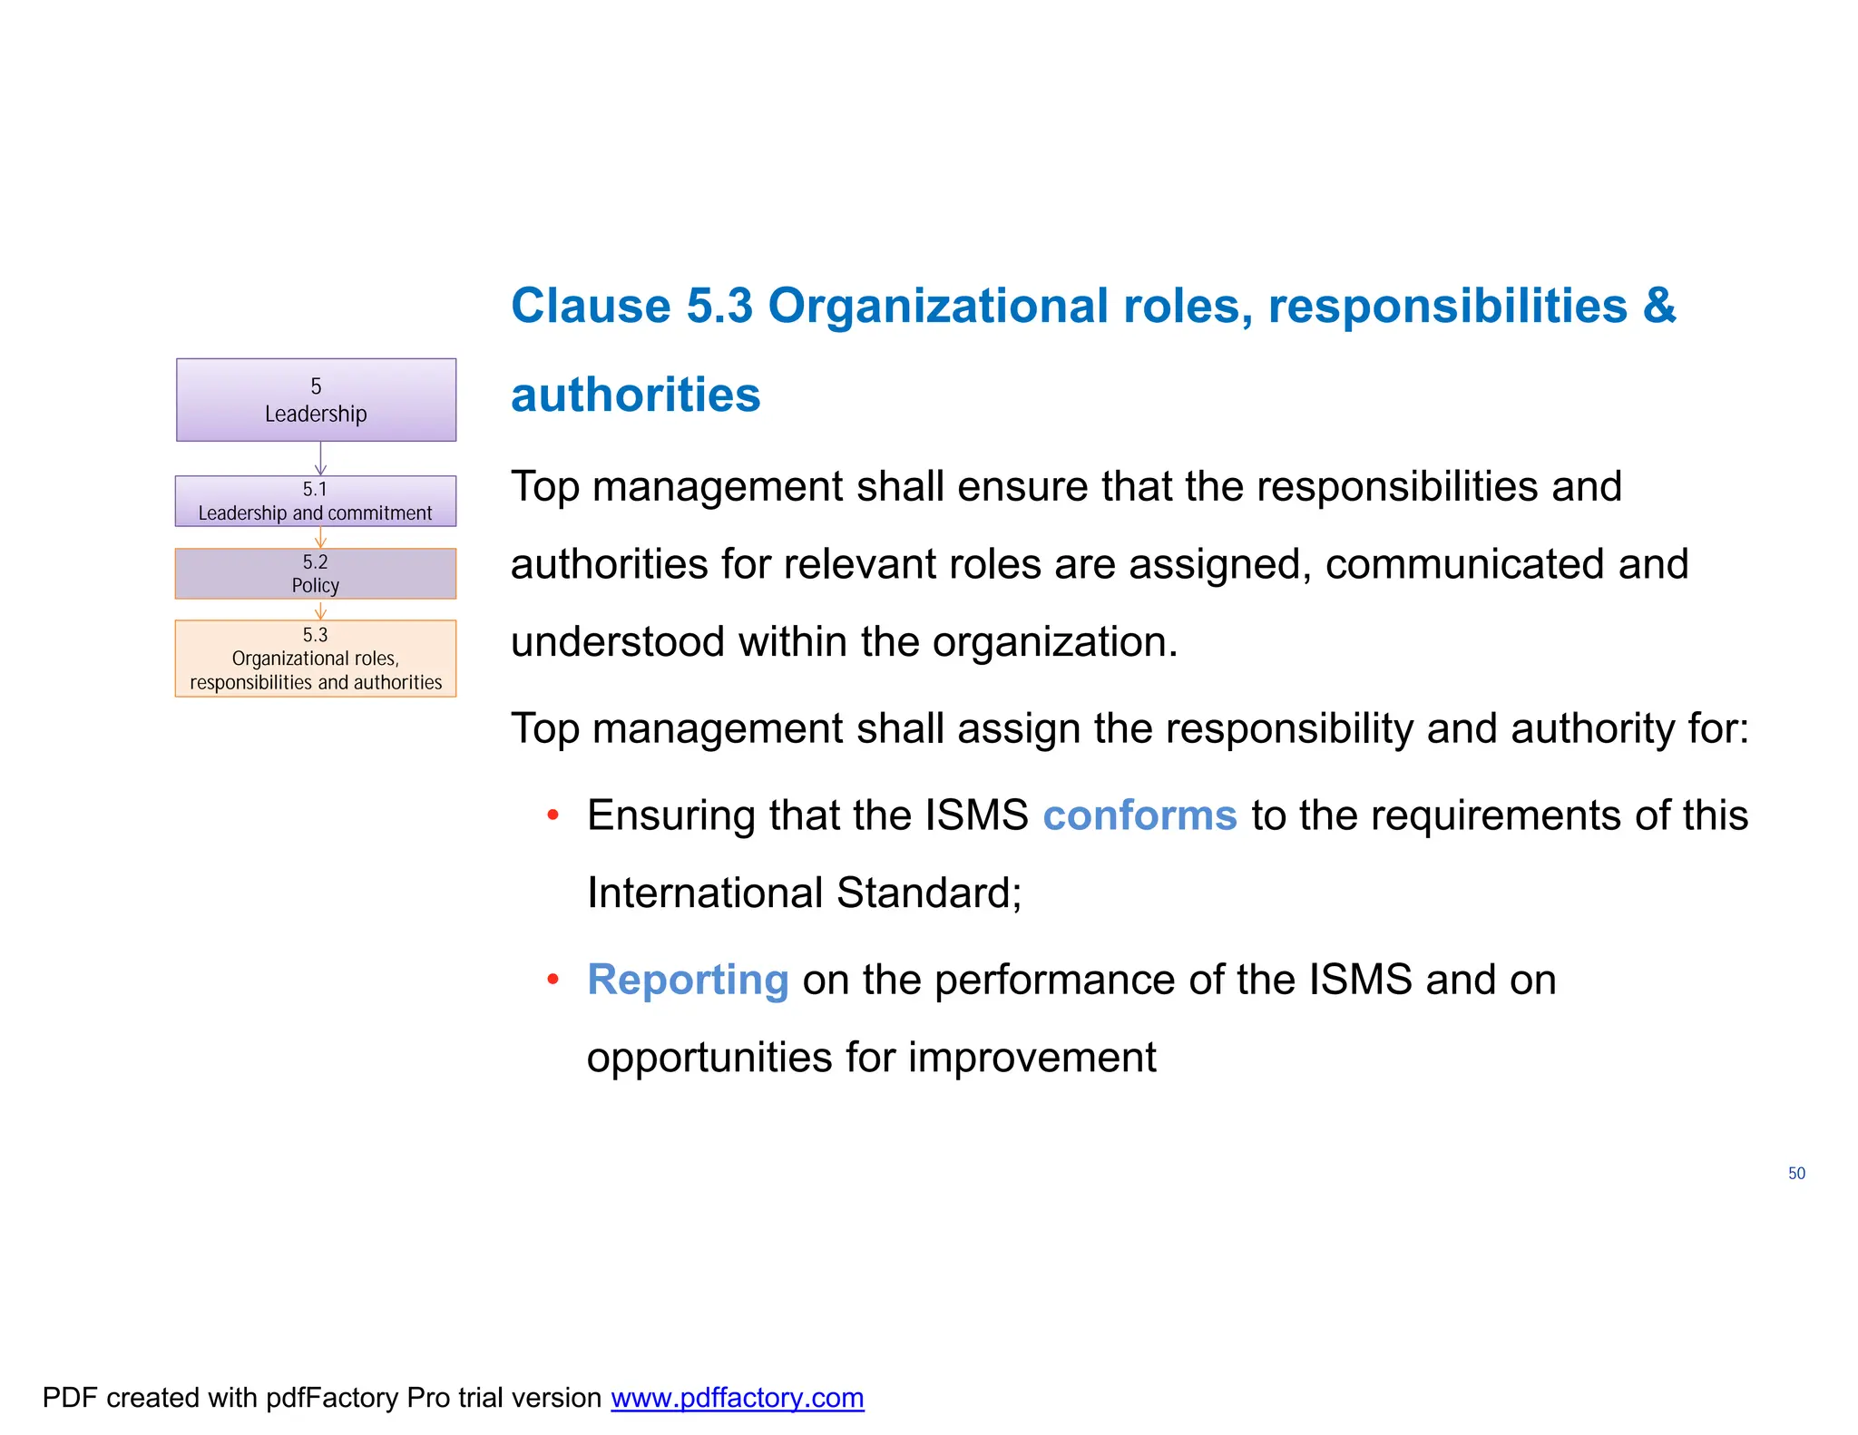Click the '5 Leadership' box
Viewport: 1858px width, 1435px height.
(x=316, y=400)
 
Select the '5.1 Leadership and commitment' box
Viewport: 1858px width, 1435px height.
(x=316, y=502)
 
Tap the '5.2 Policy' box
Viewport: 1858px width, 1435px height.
(x=316, y=573)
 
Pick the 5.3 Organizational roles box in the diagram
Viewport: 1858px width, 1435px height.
(x=316, y=659)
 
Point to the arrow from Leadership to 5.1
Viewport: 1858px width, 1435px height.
(x=320, y=459)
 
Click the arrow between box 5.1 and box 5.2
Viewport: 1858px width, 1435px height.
(x=320, y=538)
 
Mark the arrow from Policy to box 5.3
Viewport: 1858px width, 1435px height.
(x=320, y=610)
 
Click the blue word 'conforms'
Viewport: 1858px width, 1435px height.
(x=1139, y=815)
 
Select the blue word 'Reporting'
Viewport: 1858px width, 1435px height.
(x=688, y=980)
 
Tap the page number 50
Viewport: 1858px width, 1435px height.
(x=1796, y=1174)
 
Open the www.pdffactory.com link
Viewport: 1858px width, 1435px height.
(x=737, y=1398)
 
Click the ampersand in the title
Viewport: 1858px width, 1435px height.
(x=1659, y=306)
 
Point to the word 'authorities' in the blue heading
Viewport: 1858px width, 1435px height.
(x=635, y=395)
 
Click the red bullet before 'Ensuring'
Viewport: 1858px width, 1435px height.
(x=553, y=815)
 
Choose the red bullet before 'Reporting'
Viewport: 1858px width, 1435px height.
(x=553, y=980)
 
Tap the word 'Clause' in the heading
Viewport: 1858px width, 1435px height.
(x=591, y=306)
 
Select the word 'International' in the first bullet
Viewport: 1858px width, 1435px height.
(x=704, y=893)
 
